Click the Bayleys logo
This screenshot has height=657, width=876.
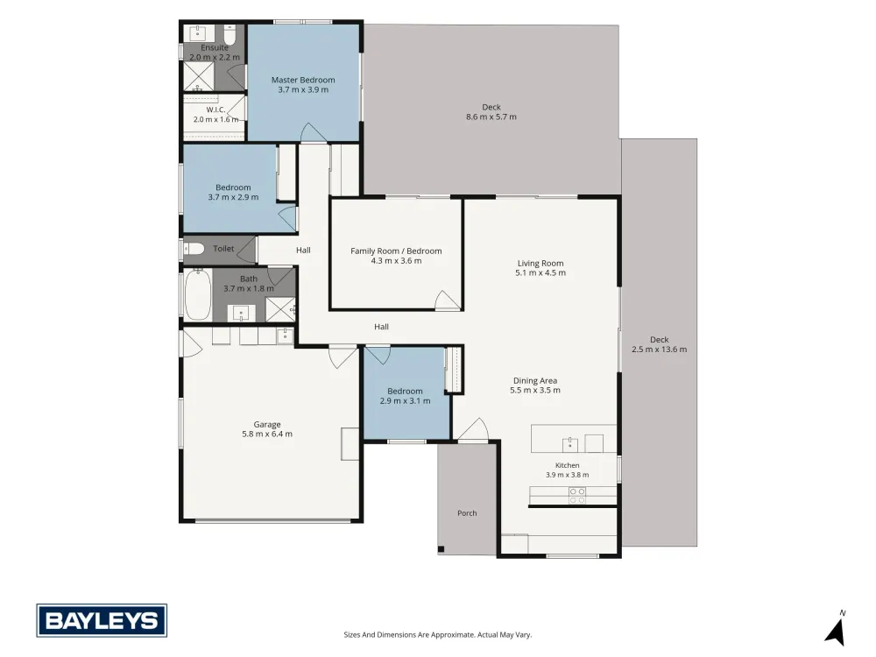(x=102, y=620)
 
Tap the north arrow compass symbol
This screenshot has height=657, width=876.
(x=836, y=629)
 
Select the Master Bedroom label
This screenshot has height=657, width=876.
(x=303, y=80)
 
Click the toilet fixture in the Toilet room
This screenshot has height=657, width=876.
(x=194, y=249)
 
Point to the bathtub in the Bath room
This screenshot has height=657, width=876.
(x=197, y=294)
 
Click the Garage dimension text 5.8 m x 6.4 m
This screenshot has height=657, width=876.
(x=267, y=434)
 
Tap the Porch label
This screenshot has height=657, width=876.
(x=467, y=512)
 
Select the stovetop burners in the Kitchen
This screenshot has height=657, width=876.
(x=577, y=496)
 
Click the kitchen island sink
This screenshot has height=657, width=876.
(x=570, y=444)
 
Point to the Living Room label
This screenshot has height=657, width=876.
(x=540, y=263)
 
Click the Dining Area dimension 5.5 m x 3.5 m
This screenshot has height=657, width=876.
(x=535, y=391)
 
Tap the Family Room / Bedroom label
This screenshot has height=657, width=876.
(x=396, y=251)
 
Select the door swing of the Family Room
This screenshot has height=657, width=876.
(x=448, y=300)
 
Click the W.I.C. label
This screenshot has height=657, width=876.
(x=215, y=109)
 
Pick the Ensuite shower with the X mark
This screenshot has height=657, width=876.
(x=199, y=76)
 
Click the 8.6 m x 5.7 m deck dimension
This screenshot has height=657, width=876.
(x=491, y=117)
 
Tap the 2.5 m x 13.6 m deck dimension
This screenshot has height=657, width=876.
(x=660, y=350)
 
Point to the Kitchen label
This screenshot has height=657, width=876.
(x=567, y=465)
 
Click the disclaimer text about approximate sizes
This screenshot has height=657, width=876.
(x=437, y=634)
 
